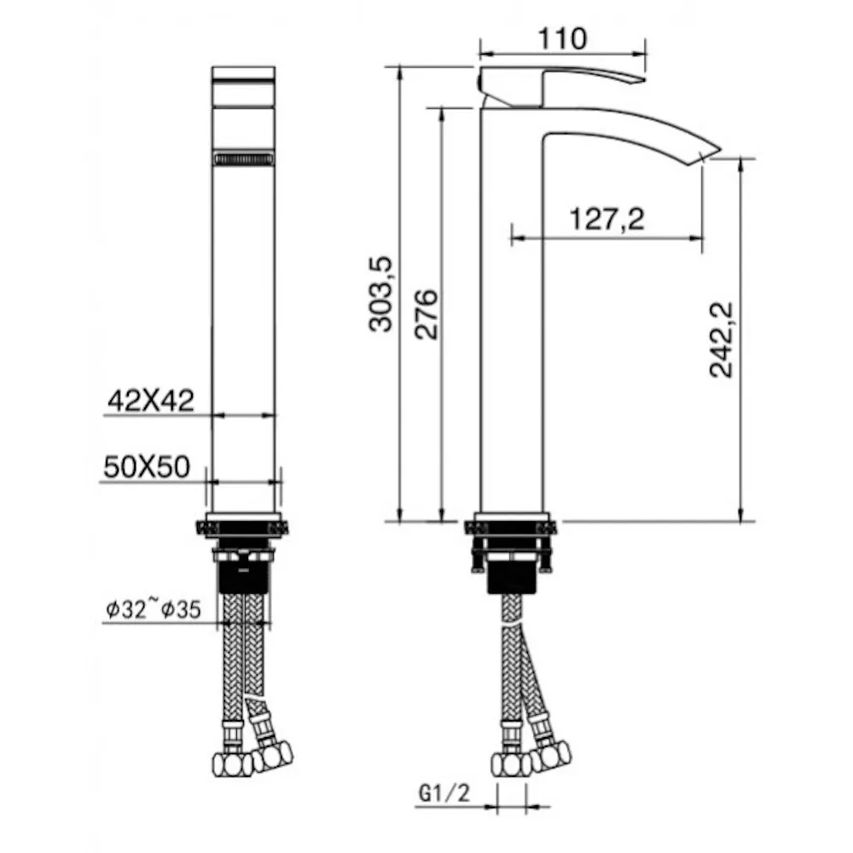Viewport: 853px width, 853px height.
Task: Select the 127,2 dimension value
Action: (x=607, y=219)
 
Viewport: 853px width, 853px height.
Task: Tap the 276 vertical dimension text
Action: (x=426, y=315)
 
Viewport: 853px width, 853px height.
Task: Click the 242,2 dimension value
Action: (x=722, y=339)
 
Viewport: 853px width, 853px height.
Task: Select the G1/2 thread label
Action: (x=444, y=793)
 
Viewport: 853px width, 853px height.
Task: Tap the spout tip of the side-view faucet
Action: (x=707, y=154)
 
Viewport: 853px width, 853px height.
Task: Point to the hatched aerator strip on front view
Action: (x=243, y=159)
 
